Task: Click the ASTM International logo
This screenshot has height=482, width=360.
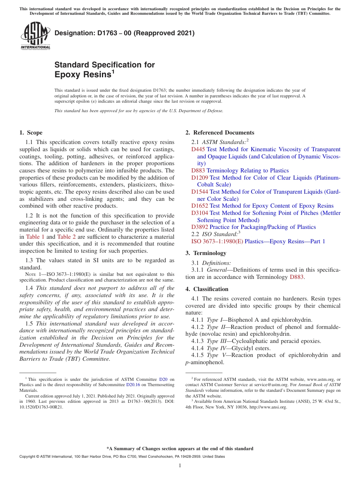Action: pyautogui.click(x=35, y=36)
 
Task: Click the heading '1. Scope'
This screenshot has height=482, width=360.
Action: pyautogui.click(x=31, y=133)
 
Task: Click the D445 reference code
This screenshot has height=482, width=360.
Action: pyautogui.click(x=198, y=149)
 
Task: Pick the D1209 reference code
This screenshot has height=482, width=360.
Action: pyautogui.click(x=200, y=177)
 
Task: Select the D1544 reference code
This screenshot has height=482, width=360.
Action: pyautogui.click(x=200, y=192)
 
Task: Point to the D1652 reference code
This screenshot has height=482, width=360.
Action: pyautogui.click(x=200, y=206)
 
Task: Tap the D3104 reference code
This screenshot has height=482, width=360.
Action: pyautogui.click(x=200, y=213)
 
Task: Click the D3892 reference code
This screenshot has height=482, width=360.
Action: pyautogui.click(x=200, y=227)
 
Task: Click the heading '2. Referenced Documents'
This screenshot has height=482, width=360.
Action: pyautogui.click(x=220, y=133)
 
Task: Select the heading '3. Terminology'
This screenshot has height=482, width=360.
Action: pyautogui.click(x=205, y=253)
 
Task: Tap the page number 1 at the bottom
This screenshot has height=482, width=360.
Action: pyautogui.click(x=180, y=466)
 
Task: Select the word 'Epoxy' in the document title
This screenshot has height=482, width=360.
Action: pyautogui.click(x=67, y=75)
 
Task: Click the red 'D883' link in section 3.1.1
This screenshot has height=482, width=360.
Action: pyautogui.click(x=297, y=277)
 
